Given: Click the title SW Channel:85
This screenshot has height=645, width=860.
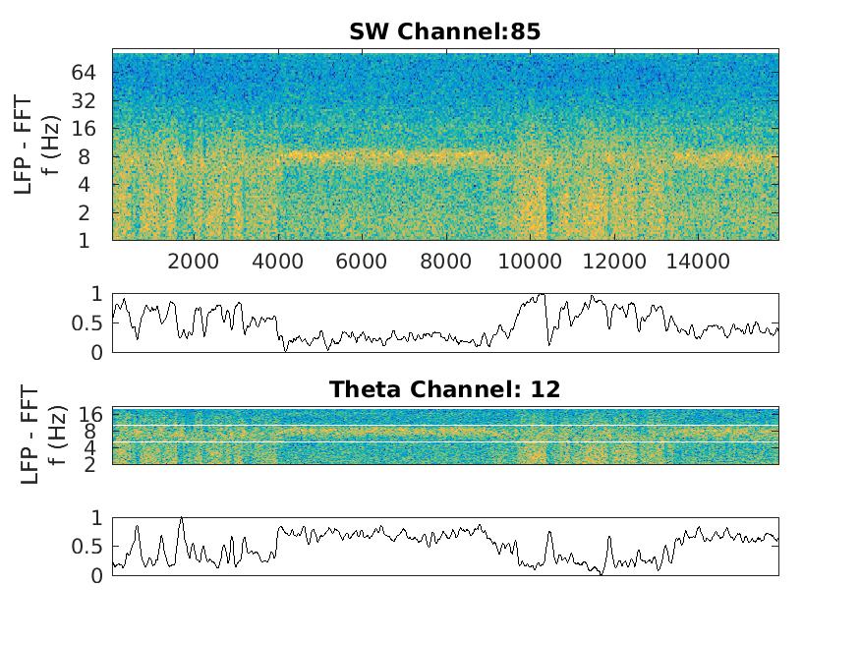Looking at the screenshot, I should click(x=444, y=31).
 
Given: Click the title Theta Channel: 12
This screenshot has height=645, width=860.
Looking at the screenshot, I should click(x=444, y=389).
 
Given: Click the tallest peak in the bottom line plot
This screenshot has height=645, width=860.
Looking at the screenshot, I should click(x=181, y=518).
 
